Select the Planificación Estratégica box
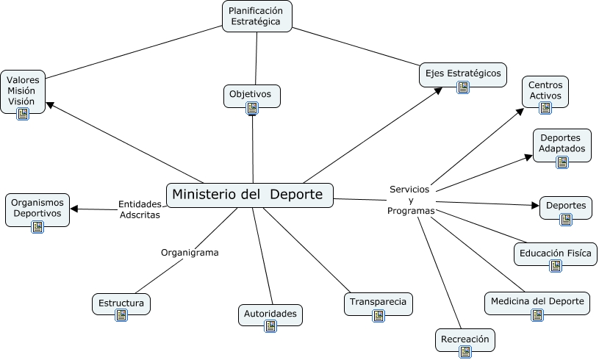257,15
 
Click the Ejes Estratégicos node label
462,73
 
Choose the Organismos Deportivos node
37,209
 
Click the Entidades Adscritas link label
139,209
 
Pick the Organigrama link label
190,252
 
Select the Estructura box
121,303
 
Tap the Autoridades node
270,314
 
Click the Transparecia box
378,303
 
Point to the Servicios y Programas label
411,200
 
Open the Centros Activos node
545,90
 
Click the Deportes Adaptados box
562,143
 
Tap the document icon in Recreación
465,353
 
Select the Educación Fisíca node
555,253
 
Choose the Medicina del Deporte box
537,301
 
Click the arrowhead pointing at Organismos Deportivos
74,209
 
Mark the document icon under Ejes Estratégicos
463,87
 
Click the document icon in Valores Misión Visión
22,114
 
